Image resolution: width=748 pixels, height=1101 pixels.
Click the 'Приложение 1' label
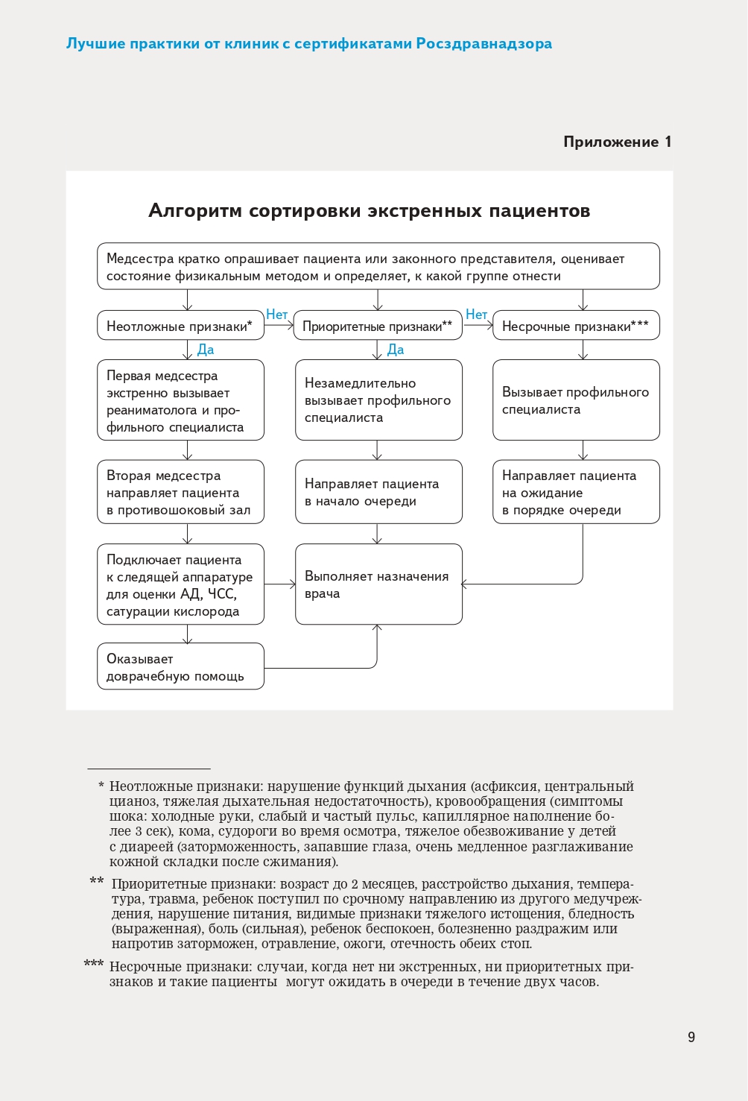coord(617,142)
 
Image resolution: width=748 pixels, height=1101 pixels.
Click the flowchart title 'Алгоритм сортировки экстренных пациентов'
coord(369,211)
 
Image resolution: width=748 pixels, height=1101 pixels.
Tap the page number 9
coord(691,1037)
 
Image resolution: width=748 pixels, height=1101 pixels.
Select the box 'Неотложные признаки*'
coord(180,326)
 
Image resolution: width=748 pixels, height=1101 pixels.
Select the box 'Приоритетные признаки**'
coord(378,326)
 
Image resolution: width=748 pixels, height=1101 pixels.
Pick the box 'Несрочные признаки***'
coord(576,326)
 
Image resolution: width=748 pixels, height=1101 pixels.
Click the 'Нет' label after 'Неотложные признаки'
coord(276,315)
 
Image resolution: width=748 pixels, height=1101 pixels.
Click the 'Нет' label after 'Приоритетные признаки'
coord(476,315)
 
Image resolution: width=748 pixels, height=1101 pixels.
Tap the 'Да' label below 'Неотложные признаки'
coord(206,350)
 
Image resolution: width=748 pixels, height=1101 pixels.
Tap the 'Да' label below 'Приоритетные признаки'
coord(396,350)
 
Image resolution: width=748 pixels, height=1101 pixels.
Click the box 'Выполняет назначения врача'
coord(378,584)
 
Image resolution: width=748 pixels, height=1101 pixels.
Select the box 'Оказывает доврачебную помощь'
coord(180,666)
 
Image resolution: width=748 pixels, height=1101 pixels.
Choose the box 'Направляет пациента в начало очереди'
coord(378,492)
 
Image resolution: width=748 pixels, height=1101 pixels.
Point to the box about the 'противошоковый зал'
coord(180,492)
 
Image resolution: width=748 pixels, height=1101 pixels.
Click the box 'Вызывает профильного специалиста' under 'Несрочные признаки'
coord(576,400)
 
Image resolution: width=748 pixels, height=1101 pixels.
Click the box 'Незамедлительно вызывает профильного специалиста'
coord(378,400)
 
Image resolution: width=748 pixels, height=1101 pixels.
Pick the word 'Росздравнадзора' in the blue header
coord(484,43)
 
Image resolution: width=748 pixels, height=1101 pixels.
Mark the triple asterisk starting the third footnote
coord(94,965)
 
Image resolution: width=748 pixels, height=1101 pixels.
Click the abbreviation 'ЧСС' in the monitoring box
coord(221,594)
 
